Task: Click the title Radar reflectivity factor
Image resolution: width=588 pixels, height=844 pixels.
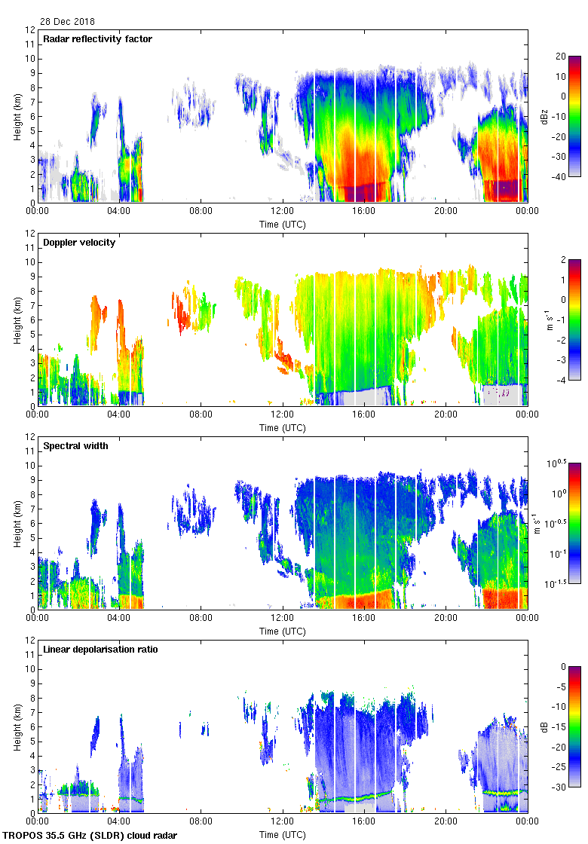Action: tap(98, 39)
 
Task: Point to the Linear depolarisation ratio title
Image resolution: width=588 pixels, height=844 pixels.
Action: tap(100, 650)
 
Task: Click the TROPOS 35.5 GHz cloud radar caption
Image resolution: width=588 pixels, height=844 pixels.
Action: tap(90, 835)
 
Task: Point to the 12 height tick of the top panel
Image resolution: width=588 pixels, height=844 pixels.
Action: tap(30, 30)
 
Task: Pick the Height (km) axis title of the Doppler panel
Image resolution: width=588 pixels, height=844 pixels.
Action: tap(17, 320)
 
